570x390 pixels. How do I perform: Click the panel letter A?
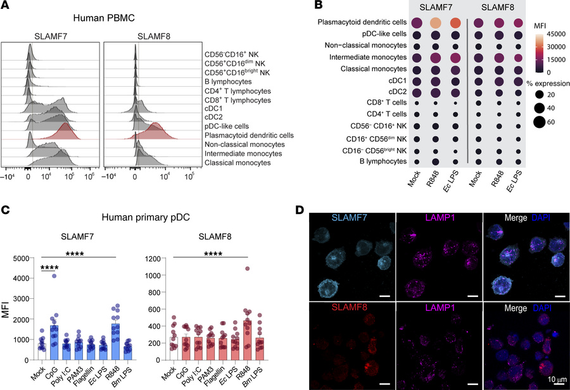(6, 6)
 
